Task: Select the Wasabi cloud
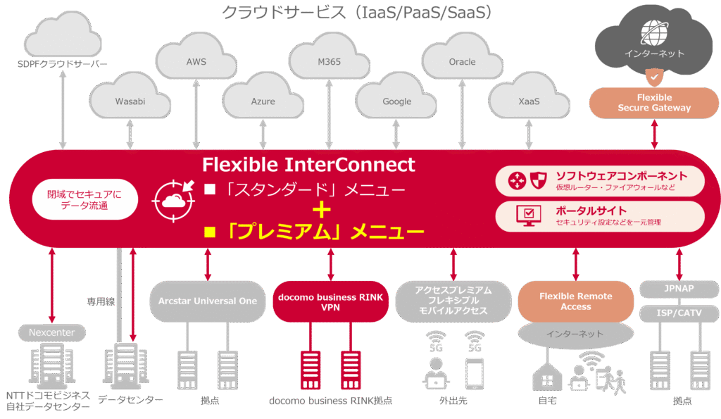pos(130,101)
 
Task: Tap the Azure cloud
pos(263,101)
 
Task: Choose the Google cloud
pos(396,101)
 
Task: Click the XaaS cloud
pos(528,101)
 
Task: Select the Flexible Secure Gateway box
pos(654,103)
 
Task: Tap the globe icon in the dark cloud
pos(653,31)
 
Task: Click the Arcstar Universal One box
pos(208,301)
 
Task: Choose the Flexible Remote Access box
pos(575,301)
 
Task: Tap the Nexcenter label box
pos(51,332)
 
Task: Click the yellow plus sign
pos(322,210)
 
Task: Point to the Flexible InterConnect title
pos(308,165)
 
